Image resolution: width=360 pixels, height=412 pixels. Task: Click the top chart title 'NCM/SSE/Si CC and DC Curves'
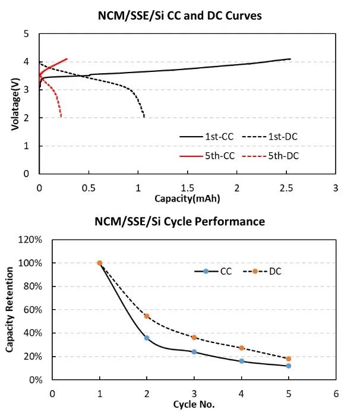(x=179, y=16)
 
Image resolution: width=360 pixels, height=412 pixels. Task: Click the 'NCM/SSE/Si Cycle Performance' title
(x=179, y=222)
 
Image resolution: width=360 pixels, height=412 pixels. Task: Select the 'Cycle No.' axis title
(x=193, y=404)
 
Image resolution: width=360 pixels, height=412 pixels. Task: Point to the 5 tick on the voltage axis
(x=26, y=34)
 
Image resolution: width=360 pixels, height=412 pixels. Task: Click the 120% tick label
(x=30, y=240)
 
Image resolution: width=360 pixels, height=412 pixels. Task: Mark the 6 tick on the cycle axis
(x=336, y=393)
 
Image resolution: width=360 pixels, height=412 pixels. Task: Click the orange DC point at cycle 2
(x=147, y=316)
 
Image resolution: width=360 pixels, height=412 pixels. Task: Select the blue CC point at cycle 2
(x=147, y=338)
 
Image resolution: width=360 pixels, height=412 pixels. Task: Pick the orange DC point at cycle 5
(x=289, y=358)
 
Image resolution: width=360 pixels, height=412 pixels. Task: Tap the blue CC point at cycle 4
(x=242, y=361)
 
